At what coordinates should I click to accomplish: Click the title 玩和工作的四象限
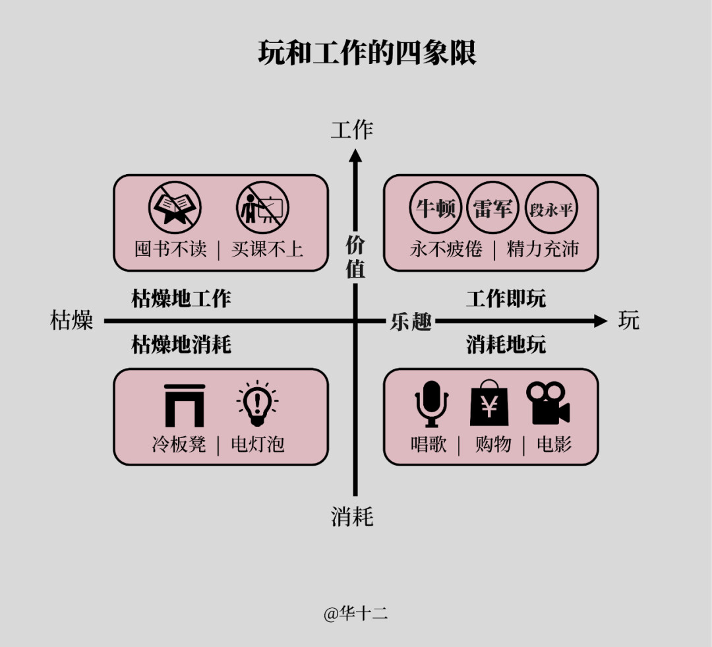367,53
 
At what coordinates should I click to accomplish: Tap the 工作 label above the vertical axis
352,130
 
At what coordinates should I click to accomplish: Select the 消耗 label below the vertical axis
352,516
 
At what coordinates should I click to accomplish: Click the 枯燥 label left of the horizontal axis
72,321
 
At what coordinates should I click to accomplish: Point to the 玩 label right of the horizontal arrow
629,321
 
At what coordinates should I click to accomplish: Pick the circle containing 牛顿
436,209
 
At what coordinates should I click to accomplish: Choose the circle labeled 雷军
493,209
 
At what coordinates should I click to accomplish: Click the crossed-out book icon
175,208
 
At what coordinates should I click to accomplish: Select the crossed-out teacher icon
263,208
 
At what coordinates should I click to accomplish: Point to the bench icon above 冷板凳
185,404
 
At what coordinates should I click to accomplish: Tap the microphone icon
431,403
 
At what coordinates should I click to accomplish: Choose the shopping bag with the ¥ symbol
489,403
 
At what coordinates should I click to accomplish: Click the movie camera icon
547,403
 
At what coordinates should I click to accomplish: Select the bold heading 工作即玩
506,299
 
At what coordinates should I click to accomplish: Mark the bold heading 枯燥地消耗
181,344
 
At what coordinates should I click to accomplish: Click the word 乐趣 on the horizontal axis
411,322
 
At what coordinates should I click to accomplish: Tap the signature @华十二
355,613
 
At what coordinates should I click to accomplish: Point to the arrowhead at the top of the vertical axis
355,156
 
